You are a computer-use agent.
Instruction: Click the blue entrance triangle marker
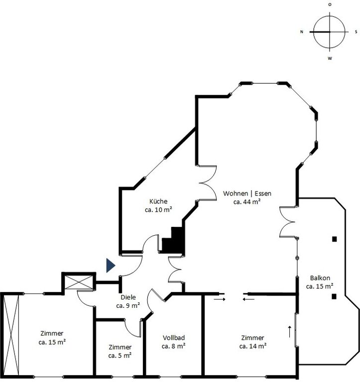111,265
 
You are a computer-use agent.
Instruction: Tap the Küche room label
158,201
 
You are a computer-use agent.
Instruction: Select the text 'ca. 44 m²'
247,202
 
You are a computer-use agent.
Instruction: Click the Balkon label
320,278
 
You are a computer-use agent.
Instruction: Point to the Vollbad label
174,338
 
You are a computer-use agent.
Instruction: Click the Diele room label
128,297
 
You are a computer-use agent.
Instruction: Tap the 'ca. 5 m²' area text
120,356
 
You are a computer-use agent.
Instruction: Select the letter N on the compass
302,32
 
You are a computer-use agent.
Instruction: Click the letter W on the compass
330,59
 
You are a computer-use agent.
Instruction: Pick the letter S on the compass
356,32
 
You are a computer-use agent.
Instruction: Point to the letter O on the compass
330,4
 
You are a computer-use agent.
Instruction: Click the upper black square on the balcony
335,239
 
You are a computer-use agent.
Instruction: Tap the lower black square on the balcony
334,296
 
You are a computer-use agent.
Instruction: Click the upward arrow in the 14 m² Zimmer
290,332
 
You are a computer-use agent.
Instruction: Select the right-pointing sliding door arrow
220,299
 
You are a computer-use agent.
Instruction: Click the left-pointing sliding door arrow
248,299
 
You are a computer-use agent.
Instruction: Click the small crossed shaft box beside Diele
78,282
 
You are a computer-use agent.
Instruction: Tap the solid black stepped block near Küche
172,240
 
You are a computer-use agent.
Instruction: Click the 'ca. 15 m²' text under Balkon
320,286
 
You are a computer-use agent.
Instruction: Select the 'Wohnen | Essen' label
247,193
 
